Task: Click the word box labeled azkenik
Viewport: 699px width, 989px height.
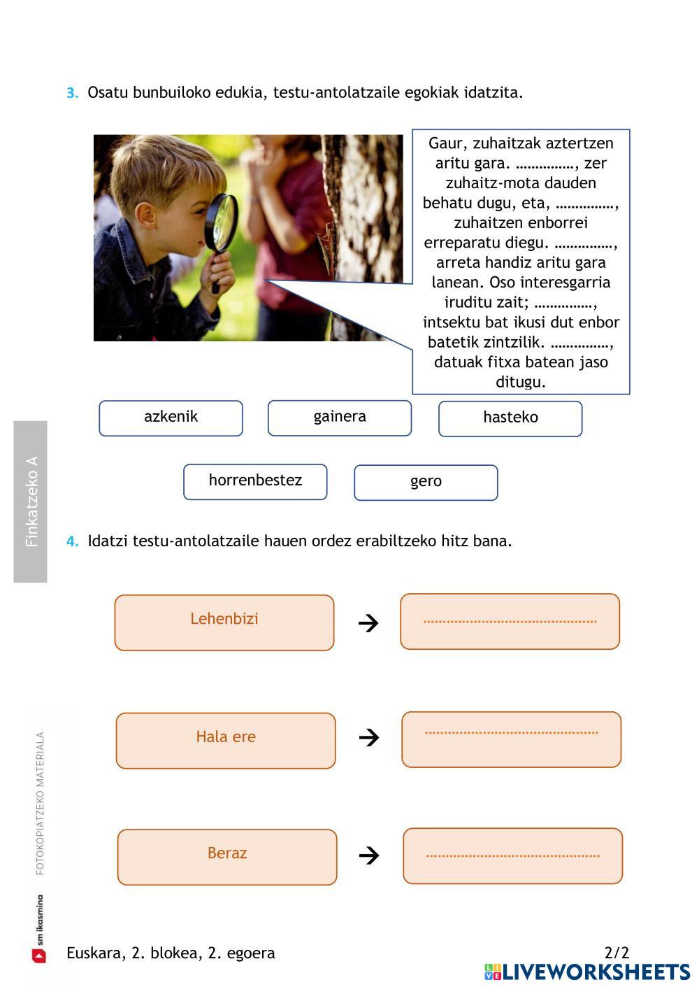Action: (x=171, y=418)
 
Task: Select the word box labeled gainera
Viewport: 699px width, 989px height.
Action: (x=339, y=418)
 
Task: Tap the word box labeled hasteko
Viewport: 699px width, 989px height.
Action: (x=510, y=419)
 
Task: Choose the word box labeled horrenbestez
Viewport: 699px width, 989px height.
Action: (x=255, y=482)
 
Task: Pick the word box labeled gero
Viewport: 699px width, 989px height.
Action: (x=426, y=483)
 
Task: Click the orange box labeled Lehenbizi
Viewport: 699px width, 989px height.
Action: (x=224, y=622)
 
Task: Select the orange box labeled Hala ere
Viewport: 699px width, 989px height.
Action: (x=226, y=741)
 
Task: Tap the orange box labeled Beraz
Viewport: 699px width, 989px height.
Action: (x=227, y=857)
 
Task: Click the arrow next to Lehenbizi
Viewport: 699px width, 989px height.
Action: (x=368, y=622)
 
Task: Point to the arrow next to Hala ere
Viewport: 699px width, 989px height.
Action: (x=368, y=737)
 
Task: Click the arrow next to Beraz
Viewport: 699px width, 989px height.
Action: (x=368, y=855)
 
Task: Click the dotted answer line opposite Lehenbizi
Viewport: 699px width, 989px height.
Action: (x=510, y=621)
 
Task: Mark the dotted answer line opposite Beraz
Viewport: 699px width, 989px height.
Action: (x=512, y=855)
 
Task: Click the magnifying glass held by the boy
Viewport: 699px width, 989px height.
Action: (x=222, y=222)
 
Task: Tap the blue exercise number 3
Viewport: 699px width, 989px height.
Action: (x=73, y=93)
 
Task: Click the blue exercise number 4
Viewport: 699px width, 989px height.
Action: (x=73, y=541)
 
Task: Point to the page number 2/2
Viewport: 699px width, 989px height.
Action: (x=617, y=953)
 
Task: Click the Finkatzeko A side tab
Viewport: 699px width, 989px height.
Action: (x=31, y=501)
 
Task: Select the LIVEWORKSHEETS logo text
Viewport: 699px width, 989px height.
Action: (x=596, y=972)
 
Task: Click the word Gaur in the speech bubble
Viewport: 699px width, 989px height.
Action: (x=446, y=143)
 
